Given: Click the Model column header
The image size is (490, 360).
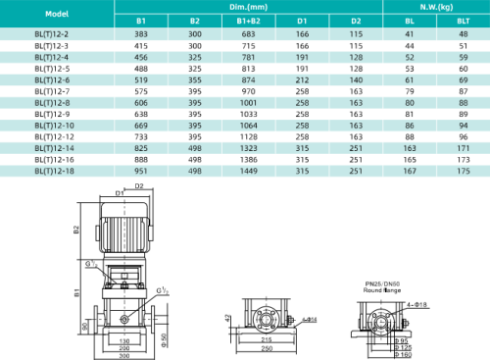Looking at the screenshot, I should [56, 13].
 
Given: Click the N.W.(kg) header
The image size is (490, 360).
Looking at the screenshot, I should [421, 7].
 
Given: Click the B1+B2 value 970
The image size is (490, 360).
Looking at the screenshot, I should [246, 90].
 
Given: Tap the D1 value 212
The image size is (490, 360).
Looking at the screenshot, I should [300, 79].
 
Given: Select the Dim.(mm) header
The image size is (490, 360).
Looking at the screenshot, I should [246, 7].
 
